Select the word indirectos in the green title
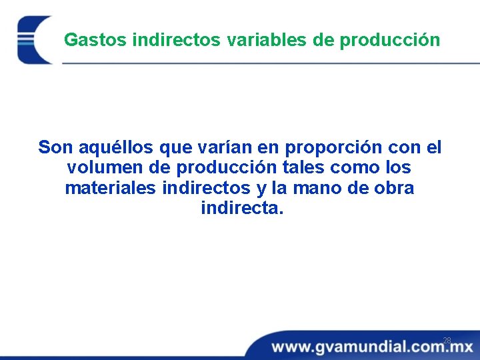[177, 40]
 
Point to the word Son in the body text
[54, 147]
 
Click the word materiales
[111, 188]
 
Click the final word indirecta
[241, 209]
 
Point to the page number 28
[447, 341]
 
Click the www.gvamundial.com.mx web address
[372, 347]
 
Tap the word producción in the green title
[390, 40]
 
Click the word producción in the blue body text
[215, 167]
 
